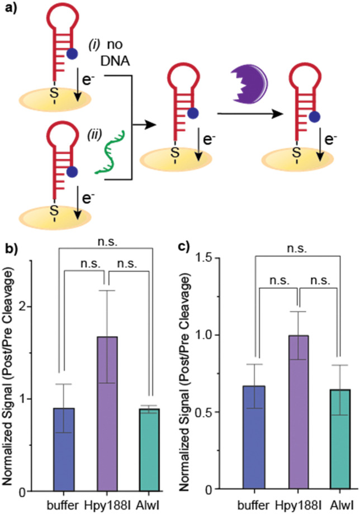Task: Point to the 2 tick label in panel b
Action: click(41, 307)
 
